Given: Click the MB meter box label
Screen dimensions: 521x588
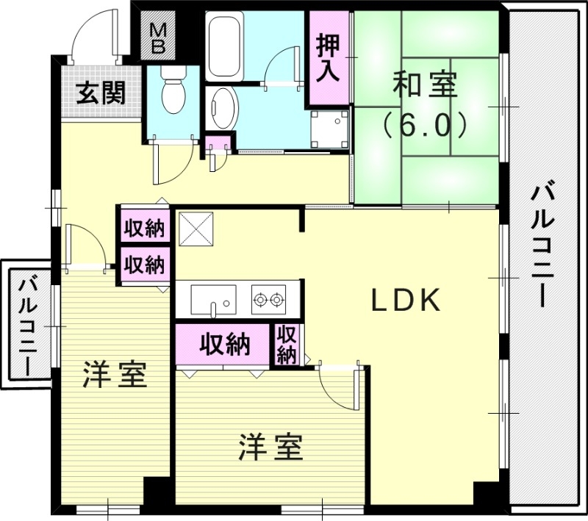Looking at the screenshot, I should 159,39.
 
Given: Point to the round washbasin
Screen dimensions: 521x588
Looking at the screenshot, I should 222,109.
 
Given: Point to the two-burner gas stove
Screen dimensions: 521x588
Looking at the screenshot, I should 268,299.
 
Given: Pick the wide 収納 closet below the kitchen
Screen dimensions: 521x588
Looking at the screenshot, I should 225,343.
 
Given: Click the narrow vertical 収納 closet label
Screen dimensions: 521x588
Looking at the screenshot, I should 287,345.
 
